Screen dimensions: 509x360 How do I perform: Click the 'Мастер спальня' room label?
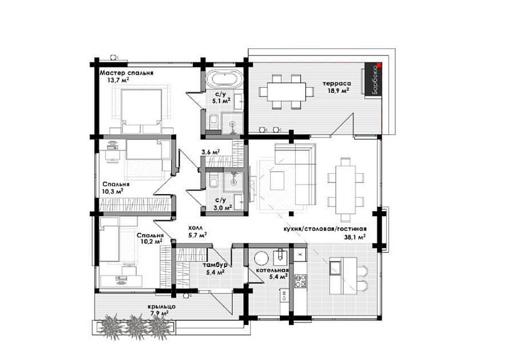pyautogui.click(x=126, y=73)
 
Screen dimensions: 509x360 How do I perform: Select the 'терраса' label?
pyautogui.click(x=337, y=83)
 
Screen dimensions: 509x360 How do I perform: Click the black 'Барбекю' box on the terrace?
pyautogui.click(x=373, y=79)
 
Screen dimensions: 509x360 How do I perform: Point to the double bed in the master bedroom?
pyautogui.click(x=141, y=111)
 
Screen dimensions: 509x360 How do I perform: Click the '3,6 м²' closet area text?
pyautogui.click(x=211, y=152)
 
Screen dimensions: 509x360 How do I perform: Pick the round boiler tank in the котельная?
pyautogui.click(x=261, y=259)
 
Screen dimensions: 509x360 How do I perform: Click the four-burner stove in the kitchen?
pyautogui.click(x=300, y=281)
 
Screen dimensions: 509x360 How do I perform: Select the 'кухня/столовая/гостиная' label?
pyautogui.click(x=325, y=229)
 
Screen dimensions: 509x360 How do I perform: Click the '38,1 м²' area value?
pyautogui.click(x=355, y=237)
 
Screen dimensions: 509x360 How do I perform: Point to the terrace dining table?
pyautogui.click(x=287, y=92)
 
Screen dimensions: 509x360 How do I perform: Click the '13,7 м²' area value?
pyautogui.click(x=119, y=80)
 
